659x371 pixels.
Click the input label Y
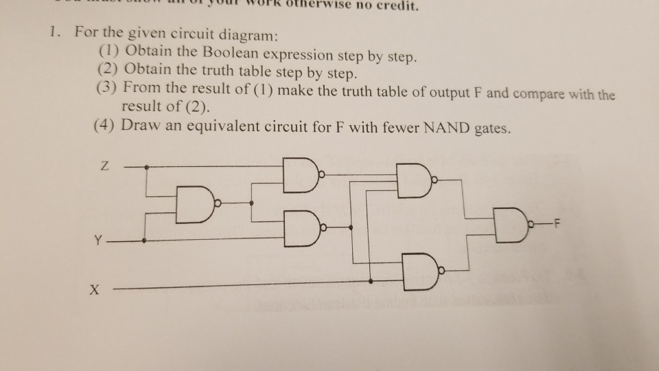tap(101, 241)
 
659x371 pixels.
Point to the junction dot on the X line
tap(371, 280)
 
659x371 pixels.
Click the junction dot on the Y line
tap(144, 241)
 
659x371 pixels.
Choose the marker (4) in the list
tap(104, 126)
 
